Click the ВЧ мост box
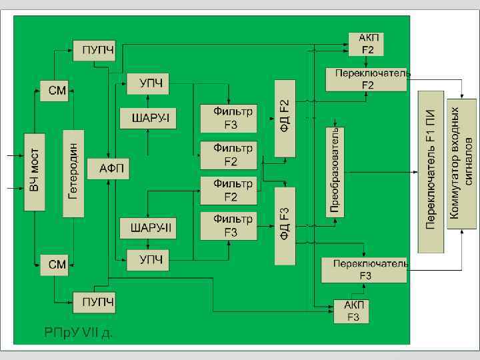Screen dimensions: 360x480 pyautogui.click(x=35, y=173)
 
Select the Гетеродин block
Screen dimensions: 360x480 pyautogui.click(x=73, y=173)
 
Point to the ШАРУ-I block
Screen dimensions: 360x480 pyautogui.click(x=147, y=119)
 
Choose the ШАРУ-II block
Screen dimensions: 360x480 pyautogui.click(x=147, y=228)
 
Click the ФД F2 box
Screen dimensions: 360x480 pyautogui.click(x=285, y=117)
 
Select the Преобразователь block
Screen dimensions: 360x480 pyautogui.click(x=335, y=171)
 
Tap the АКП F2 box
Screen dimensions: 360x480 pyautogui.click(x=365, y=44)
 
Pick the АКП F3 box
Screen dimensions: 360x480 pyautogui.click(x=351, y=311)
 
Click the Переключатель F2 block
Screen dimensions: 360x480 pyautogui.click(x=366, y=79)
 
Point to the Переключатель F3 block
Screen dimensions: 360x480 pyautogui.click(x=364, y=269)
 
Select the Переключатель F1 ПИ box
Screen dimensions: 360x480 pyautogui.click(x=431, y=171)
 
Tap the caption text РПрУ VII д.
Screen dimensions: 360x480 pyautogui.click(x=78, y=331)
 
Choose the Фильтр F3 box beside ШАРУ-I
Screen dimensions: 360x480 pyautogui.click(x=228, y=118)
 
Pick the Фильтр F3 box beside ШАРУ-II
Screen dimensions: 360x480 pyautogui.click(x=228, y=225)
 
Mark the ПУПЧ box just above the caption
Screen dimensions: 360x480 pyautogui.click(x=95, y=302)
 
